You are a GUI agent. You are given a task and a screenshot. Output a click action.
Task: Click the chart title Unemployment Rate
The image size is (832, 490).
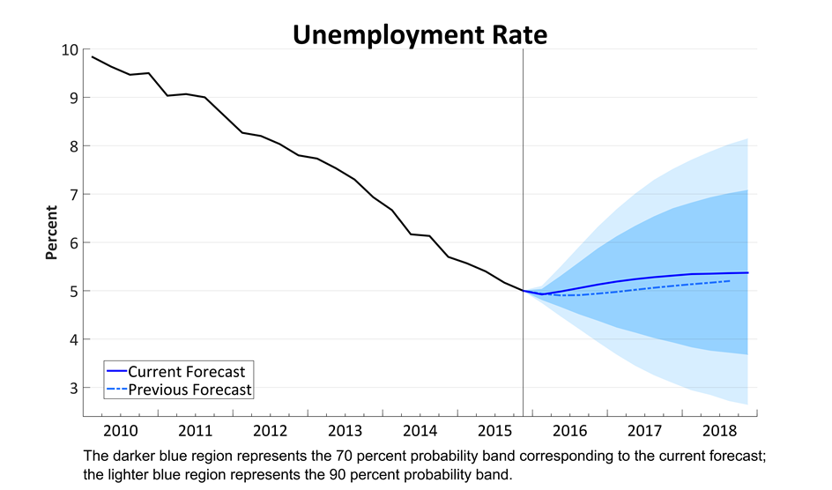(x=420, y=34)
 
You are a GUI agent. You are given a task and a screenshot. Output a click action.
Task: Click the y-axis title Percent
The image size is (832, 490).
(x=51, y=233)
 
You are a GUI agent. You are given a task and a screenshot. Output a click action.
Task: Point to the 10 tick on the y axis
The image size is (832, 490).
(x=70, y=49)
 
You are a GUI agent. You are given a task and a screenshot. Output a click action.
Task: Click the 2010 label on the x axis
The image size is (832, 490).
(x=120, y=431)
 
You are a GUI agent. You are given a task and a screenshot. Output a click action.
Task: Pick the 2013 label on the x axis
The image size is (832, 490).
(x=345, y=431)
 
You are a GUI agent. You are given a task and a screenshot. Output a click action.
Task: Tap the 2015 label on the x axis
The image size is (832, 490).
(x=494, y=431)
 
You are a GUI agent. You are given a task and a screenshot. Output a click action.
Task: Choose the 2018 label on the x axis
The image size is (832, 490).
(x=719, y=431)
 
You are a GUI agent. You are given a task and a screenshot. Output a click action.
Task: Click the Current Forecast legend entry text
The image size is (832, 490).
(x=186, y=372)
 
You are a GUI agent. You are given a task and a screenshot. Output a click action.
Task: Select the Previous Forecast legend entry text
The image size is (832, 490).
(x=189, y=390)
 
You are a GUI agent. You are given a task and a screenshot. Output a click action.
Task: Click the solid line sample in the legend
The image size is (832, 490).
(x=115, y=372)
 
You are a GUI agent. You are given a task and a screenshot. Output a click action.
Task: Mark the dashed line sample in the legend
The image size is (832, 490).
(x=115, y=390)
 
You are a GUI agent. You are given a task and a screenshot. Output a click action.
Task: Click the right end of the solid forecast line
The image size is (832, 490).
(x=748, y=272)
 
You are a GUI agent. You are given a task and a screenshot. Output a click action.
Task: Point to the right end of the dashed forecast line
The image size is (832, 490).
(x=730, y=281)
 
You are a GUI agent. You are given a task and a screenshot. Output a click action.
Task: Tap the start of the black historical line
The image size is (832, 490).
(x=92, y=56)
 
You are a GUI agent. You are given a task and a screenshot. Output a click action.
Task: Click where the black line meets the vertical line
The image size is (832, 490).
(x=524, y=290)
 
